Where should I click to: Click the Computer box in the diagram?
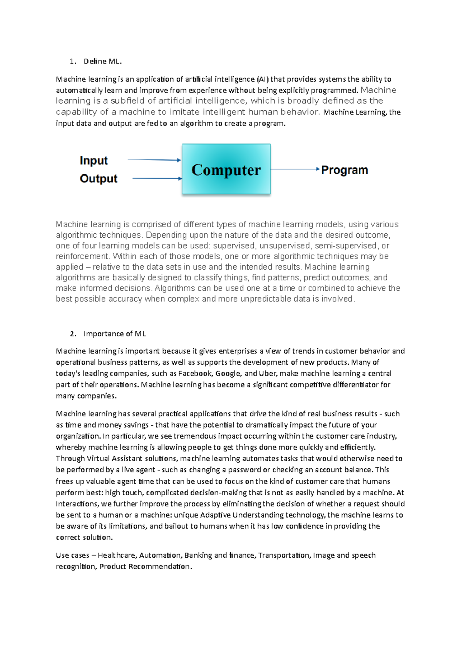coord(226,169)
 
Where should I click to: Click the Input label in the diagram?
coord(94,160)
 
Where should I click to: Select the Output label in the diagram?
coord(98,178)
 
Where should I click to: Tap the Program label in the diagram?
coord(344,170)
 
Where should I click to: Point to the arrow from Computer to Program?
coord(295,169)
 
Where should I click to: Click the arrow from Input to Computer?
coord(154,159)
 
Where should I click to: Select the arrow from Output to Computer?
coord(157,178)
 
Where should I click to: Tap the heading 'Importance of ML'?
coord(115,334)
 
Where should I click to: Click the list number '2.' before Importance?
coord(73,334)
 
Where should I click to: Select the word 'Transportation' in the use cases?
coord(284,555)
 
